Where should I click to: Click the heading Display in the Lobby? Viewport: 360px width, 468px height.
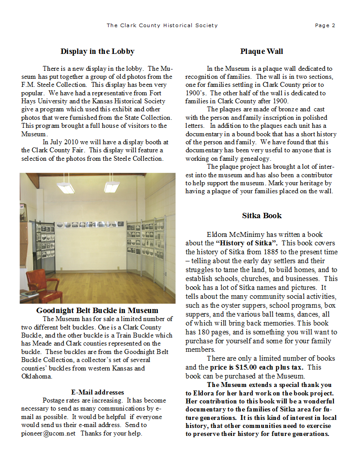97,51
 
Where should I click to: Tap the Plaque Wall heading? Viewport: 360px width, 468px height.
261,51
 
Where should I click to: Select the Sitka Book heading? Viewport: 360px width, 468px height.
262,216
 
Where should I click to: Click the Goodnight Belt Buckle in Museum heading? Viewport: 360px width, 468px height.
97,310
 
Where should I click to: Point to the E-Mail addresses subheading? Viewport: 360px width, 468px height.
97,392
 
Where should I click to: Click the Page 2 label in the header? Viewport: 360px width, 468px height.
325,25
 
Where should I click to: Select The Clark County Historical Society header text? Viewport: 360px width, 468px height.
162,25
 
